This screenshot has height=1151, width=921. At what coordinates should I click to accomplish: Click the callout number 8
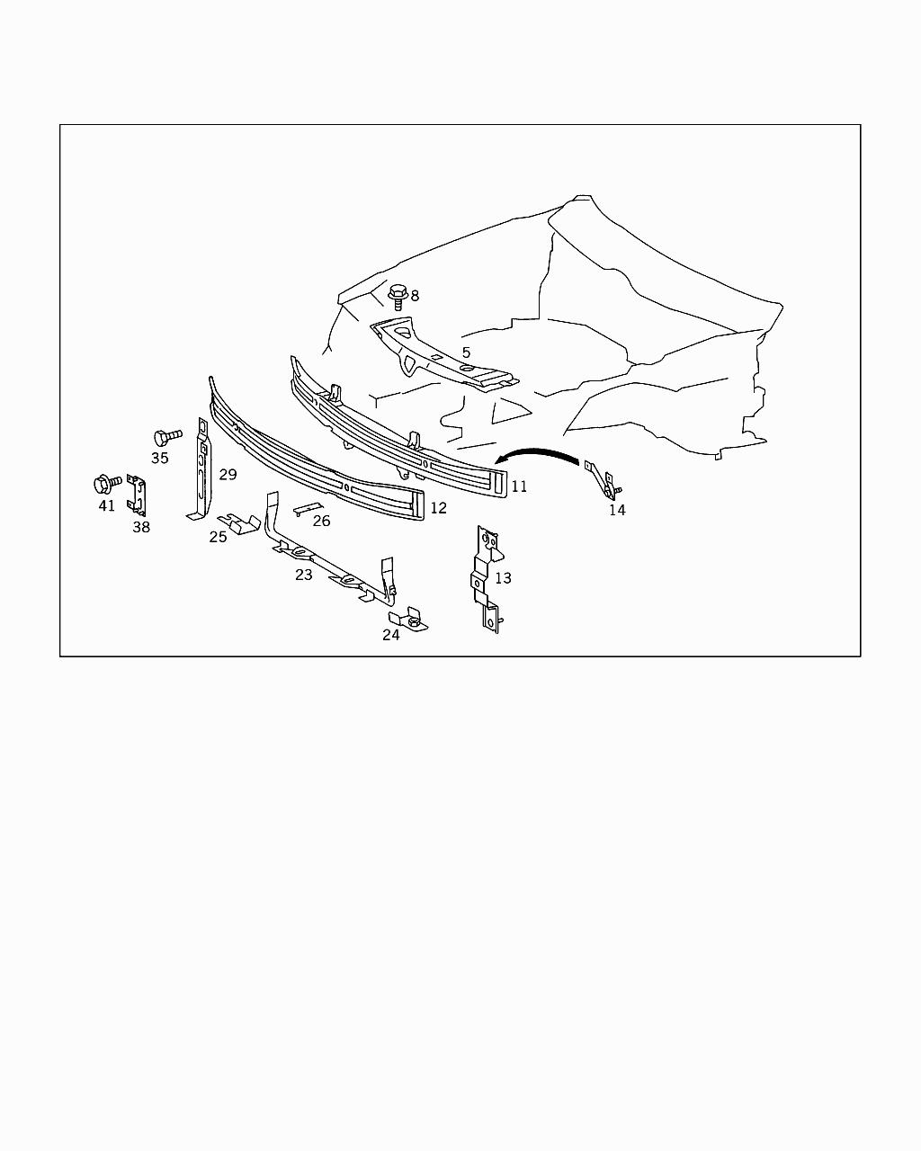pyautogui.click(x=415, y=295)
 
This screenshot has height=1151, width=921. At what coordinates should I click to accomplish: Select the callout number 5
pyautogui.click(x=466, y=352)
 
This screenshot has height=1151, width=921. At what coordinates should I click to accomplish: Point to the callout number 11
pyautogui.click(x=519, y=486)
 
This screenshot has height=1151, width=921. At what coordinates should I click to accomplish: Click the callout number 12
pyautogui.click(x=438, y=507)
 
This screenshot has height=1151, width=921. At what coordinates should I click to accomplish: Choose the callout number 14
pyautogui.click(x=617, y=510)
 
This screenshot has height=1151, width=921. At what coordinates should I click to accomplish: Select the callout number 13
pyautogui.click(x=503, y=577)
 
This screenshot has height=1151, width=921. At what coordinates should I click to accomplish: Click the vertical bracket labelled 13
pyautogui.click(x=486, y=580)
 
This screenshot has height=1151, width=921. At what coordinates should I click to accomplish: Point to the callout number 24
pyautogui.click(x=390, y=635)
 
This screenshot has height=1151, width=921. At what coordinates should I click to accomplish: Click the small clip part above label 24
pyautogui.click(x=408, y=620)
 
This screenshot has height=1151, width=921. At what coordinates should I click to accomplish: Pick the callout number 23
pyautogui.click(x=303, y=575)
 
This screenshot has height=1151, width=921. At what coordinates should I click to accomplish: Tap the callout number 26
pyautogui.click(x=321, y=521)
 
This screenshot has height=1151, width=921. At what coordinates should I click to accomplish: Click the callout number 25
pyautogui.click(x=218, y=537)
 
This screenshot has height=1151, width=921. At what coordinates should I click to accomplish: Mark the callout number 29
pyautogui.click(x=228, y=475)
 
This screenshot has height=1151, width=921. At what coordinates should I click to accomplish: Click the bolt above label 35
pyautogui.click(x=167, y=437)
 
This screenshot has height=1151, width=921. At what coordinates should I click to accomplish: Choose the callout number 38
pyautogui.click(x=141, y=527)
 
